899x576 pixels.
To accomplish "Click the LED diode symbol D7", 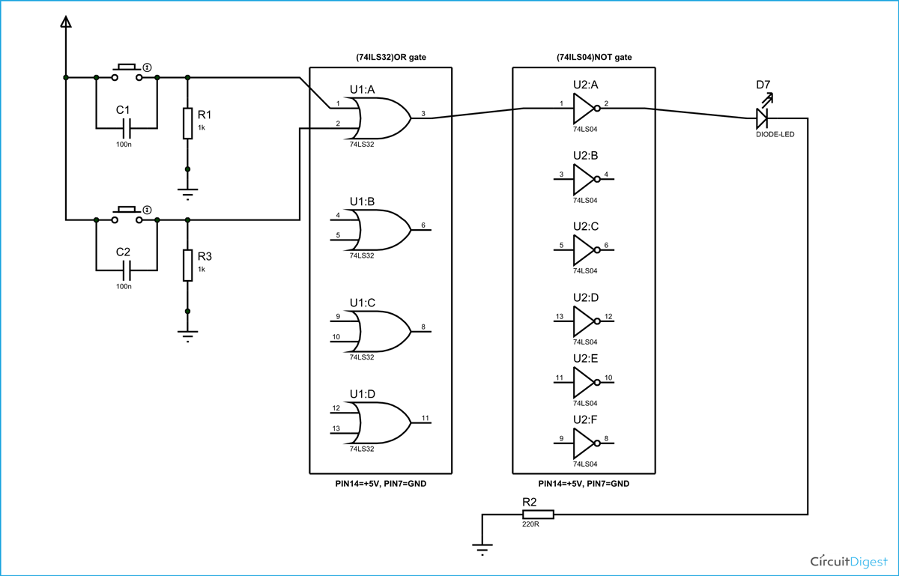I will pos(763,118).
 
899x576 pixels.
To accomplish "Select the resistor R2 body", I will pos(537,514).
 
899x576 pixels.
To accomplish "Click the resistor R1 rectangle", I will pos(187,124).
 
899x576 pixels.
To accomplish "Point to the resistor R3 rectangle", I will pos(187,266).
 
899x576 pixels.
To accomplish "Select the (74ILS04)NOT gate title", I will pos(584,58).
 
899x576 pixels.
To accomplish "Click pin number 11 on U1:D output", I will pos(425,417).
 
